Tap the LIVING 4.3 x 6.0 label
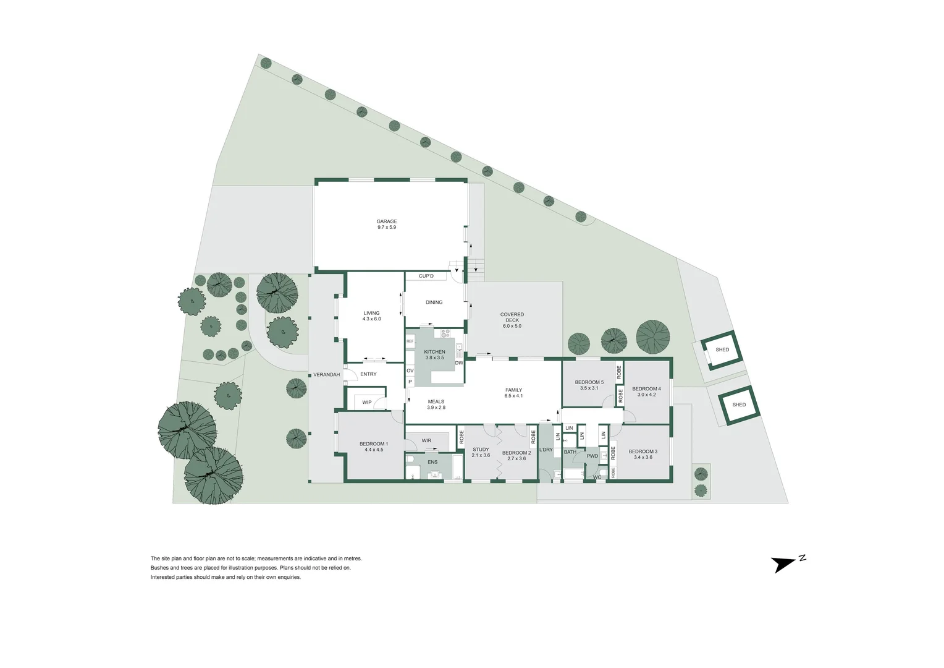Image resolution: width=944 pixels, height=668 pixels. [x=371, y=315]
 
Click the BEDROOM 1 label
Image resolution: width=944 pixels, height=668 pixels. [x=374, y=447]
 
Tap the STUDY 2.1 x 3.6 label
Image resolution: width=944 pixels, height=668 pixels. [x=481, y=452]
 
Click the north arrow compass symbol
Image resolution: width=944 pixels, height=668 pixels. [x=786, y=563]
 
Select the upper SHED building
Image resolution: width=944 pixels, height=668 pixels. [x=722, y=350]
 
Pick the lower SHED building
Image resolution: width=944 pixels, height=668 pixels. [x=739, y=405]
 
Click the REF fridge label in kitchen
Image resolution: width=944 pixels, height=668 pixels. [x=410, y=341]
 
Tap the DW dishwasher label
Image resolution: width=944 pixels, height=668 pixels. [x=459, y=363]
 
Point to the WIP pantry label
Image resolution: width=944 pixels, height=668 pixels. [x=367, y=403]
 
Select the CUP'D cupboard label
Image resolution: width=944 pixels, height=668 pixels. [x=426, y=276]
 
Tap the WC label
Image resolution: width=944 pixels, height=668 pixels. [x=597, y=477]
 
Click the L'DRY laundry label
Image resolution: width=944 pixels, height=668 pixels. [x=546, y=450]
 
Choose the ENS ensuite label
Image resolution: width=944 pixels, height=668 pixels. [x=432, y=462]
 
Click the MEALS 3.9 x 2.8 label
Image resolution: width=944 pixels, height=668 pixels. [x=436, y=405]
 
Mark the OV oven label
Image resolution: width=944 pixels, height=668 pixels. [x=410, y=371]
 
